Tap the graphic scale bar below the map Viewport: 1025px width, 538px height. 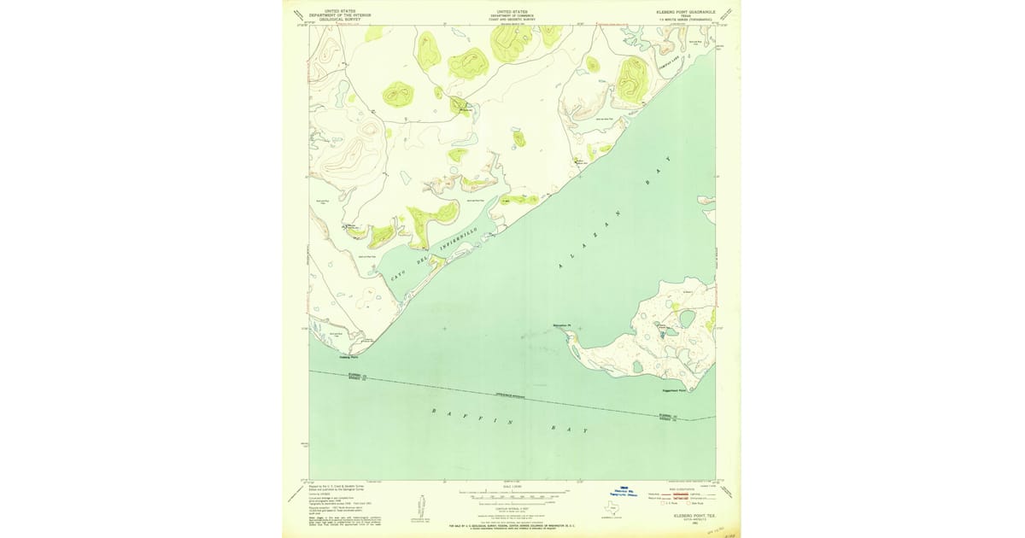(x=512, y=494)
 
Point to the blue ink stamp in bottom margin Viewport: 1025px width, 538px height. (x=630, y=493)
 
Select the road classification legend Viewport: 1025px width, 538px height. (x=691, y=494)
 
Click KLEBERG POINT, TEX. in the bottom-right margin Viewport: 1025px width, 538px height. (x=694, y=516)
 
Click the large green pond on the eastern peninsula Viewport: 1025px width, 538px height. (x=688, y=319)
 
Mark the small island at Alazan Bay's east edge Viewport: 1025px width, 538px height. (x=706, y=202)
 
